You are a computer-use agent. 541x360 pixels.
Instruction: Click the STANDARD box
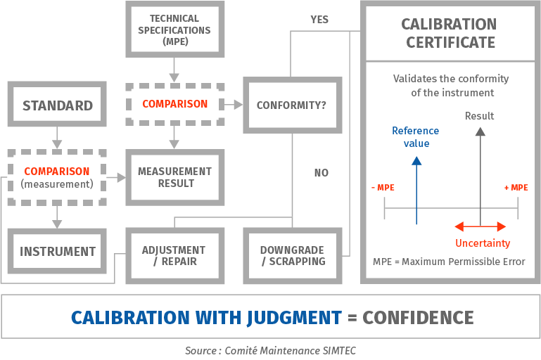pos(57,106)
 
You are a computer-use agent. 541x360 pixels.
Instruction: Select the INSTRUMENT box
pos(57,252)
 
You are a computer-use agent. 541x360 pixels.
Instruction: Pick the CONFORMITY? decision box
pos(291,106)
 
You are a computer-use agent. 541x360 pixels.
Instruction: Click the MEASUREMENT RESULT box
pos(174,177)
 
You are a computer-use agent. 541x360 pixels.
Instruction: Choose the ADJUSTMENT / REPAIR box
pos(174,256)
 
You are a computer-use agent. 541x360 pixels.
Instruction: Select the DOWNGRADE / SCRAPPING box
pos(292,256)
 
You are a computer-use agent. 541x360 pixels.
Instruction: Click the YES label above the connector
pos(319,20)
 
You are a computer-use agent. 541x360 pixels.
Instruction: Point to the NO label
pos(321,173)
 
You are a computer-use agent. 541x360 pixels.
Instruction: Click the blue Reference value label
pos(415,137)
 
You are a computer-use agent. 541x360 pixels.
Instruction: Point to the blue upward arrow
pos(416,190)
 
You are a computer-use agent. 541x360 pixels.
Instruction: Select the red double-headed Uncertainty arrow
pos(481,226)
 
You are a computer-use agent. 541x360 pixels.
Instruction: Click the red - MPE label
pos(382,188)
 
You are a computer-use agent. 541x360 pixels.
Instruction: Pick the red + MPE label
pos(516,188)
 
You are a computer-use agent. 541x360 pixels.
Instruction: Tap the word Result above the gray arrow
pos(480,116)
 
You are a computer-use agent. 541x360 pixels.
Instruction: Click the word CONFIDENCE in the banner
pos(418,317)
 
